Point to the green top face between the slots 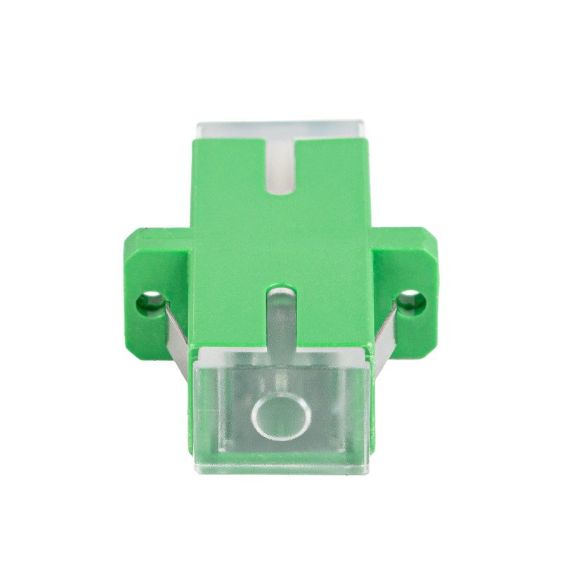coord(281,239)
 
